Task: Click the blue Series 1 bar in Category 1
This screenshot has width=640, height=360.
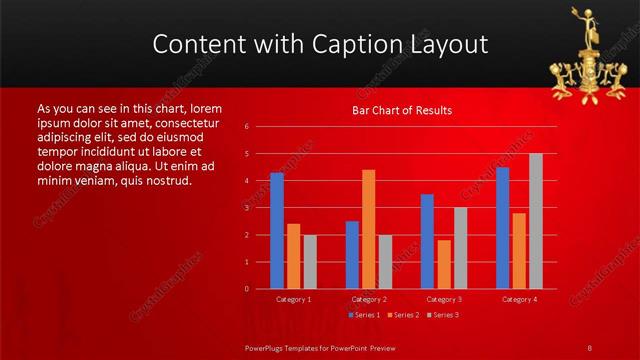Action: pyautogui.click(x=277, y=231)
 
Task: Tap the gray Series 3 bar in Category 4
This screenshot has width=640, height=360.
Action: pyautogui.click(x=536, y=221)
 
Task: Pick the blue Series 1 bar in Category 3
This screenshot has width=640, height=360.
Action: pyautogui.click(x=427, y=241)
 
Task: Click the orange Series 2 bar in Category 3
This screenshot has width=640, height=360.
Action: pyautogui.click(x=444, y=264)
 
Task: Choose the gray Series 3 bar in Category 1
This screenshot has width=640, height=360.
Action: pyautogui.click(x=310, y=262)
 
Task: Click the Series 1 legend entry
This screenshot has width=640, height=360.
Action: pyautogui.click(x=365, y=315)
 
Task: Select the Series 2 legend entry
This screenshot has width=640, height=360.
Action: pyautogui.click(x=403, y=315)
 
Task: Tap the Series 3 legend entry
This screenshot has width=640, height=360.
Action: pyautogui.click(x=442, y=315)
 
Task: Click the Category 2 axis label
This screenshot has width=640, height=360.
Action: pyautogui.click(x=369, y=299)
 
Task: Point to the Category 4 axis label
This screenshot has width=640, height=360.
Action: pyautogui.click(x=519, y=299)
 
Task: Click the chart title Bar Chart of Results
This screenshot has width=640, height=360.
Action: pyautogui.click(x=402, y=110)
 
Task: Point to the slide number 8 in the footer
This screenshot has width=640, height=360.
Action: pyautogui.click(x=590, y=347)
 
